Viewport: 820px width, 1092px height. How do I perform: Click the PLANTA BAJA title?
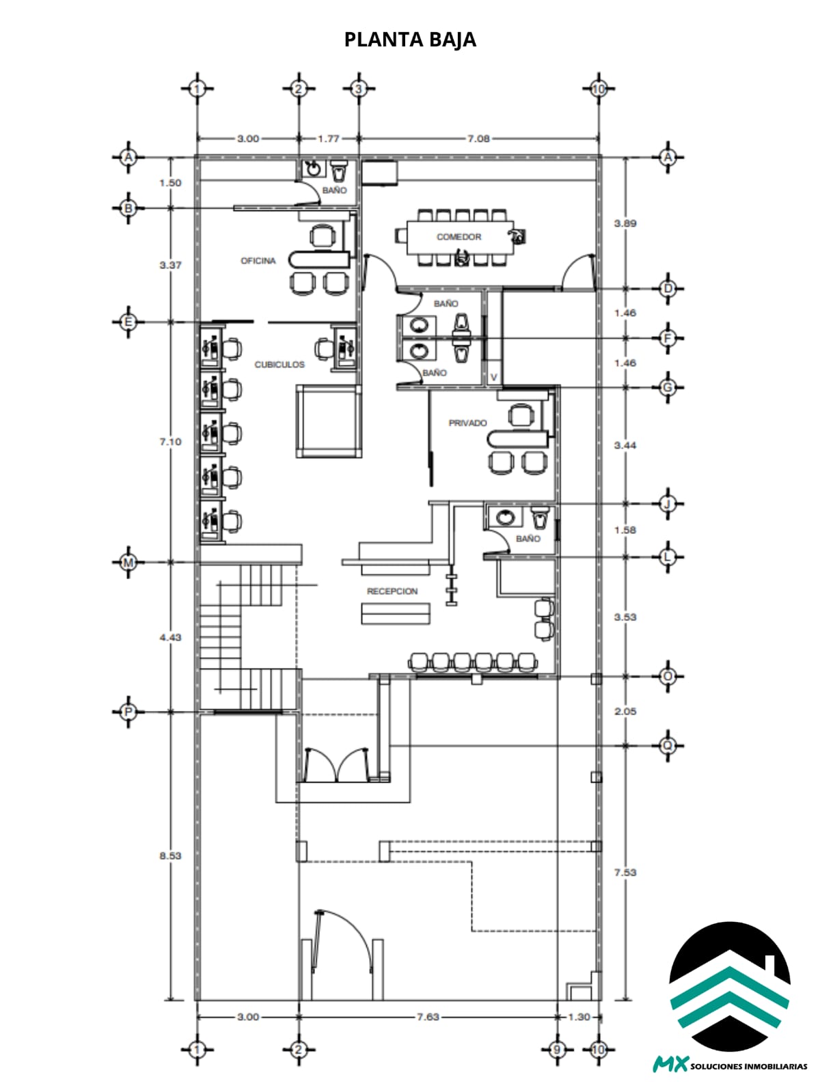[x=410, y=40]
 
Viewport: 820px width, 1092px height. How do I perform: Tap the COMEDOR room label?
[x=459, y=237]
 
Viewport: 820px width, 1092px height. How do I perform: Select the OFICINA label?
[x=258, y=261]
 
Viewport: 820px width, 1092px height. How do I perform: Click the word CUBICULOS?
[x=279, y=365]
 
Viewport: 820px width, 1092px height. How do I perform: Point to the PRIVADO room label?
[x=467, y=423]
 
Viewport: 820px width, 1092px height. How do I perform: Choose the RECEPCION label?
[x=392, y=591]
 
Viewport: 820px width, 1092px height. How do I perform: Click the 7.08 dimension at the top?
[x=478, y=139]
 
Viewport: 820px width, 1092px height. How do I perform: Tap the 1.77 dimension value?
[x=329, y=139]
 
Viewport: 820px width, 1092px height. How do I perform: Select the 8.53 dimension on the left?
[x=170, y=856]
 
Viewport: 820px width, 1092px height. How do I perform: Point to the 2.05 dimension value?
[x=625, y=712]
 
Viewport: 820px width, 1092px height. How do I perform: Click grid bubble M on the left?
[x=128, y=563]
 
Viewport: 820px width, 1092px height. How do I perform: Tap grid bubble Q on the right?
[x=668, y=745]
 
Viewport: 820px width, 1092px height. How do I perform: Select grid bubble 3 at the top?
[x=359, y=89]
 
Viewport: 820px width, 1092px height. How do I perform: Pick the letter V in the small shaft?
[x=493, y=378]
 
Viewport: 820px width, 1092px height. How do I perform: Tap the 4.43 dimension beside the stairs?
[x=170, y=637]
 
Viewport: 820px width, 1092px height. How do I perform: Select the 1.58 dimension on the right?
[x=625, y=531]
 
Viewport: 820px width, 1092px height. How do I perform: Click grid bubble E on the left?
[x=128, y=322]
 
